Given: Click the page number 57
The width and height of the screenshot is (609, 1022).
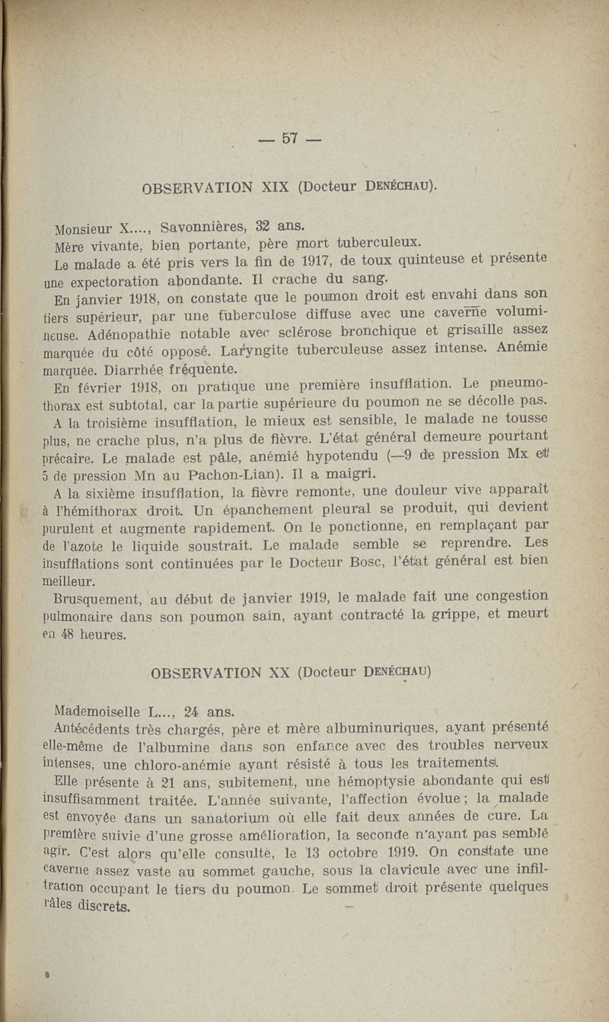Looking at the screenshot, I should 289,138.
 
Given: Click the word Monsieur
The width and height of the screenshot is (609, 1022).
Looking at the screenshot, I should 83,228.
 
